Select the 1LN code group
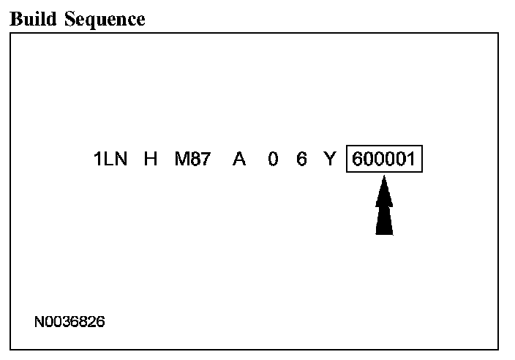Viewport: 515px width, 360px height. pos(110,160)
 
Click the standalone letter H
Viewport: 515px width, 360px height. pos(151,160)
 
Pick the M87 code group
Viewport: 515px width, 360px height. pos(192,160)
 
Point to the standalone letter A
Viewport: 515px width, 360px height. pos(238,160)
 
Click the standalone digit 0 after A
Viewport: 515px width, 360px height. pos(272,160)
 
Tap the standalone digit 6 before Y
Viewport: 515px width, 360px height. pos(301,160)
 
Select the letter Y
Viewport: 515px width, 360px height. pos(329,160)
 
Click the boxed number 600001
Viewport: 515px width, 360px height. pos(384,160)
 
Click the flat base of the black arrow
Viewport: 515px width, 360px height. pos(384,233)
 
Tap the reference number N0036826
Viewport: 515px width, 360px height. pos(69,321)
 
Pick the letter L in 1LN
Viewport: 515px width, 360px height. pos(110,160)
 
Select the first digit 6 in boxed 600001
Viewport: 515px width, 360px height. pos(358,160)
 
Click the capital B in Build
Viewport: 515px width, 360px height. pos(15,19)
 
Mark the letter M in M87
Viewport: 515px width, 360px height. pos(181,160)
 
